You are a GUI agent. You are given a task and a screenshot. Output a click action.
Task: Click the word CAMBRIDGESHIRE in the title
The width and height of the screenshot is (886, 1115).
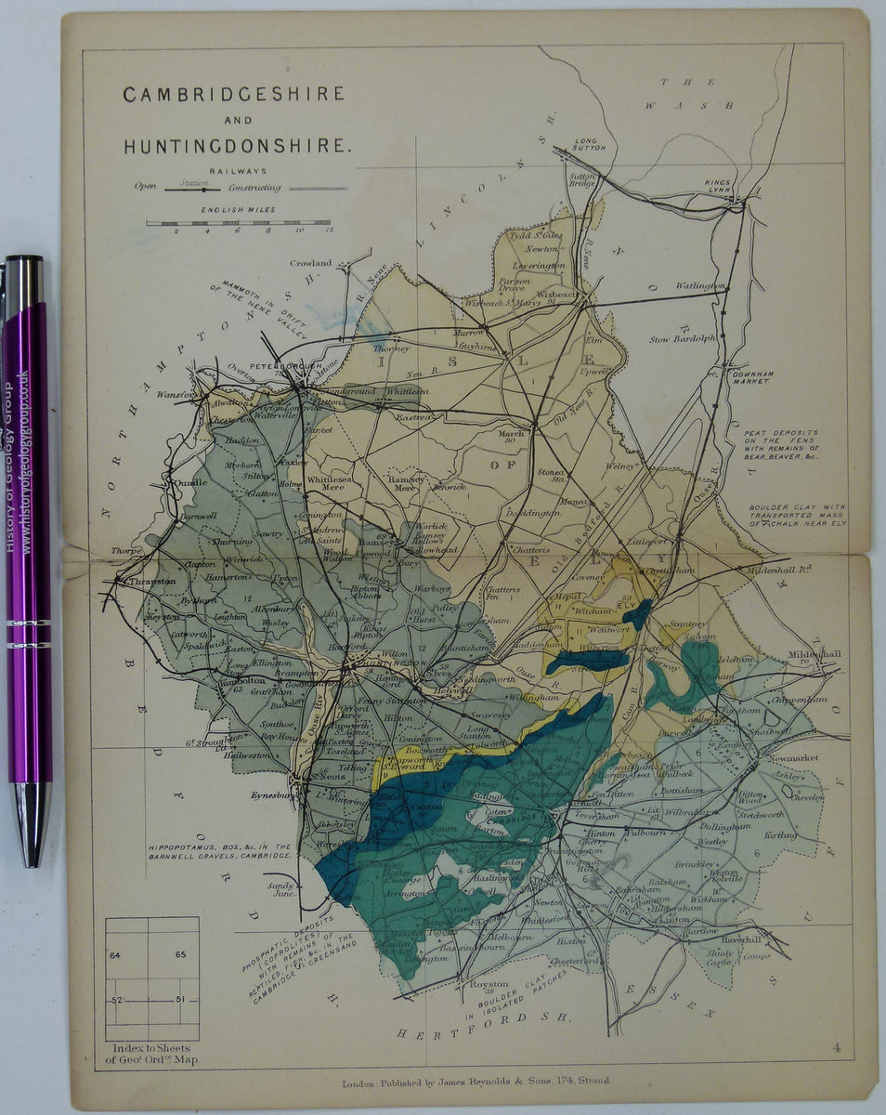pos(234,94)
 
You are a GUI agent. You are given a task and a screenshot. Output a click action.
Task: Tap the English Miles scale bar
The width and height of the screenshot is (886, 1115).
pos(239,223)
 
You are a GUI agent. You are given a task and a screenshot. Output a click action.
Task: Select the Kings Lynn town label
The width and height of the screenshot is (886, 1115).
pos(720,187)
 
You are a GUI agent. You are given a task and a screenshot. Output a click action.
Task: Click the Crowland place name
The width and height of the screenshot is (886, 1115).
pos(310,263)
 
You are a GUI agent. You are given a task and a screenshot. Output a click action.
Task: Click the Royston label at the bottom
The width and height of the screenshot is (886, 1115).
pos(490,983)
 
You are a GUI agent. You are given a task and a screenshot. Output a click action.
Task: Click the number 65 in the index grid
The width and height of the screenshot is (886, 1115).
pos(179,954)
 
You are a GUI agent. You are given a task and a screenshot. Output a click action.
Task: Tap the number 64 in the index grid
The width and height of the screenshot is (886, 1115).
pos(115,954)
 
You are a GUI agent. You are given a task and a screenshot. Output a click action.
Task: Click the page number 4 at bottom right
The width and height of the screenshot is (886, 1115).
pos(837,1049)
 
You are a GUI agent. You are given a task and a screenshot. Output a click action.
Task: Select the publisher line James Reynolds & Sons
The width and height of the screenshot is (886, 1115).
pos(476,1082)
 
